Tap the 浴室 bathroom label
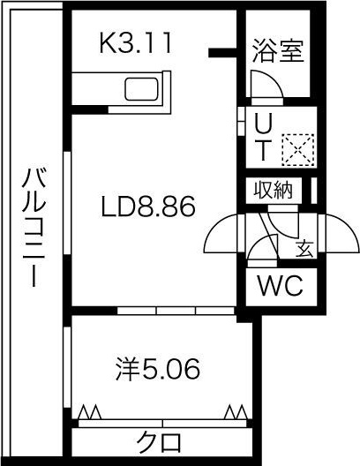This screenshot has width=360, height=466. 278,51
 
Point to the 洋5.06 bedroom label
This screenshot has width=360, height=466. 158,368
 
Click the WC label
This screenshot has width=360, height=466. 280,286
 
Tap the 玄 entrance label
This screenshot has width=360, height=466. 304,248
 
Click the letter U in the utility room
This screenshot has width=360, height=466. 264,124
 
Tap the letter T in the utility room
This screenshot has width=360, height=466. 264,149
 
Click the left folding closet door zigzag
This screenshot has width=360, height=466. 90,410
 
